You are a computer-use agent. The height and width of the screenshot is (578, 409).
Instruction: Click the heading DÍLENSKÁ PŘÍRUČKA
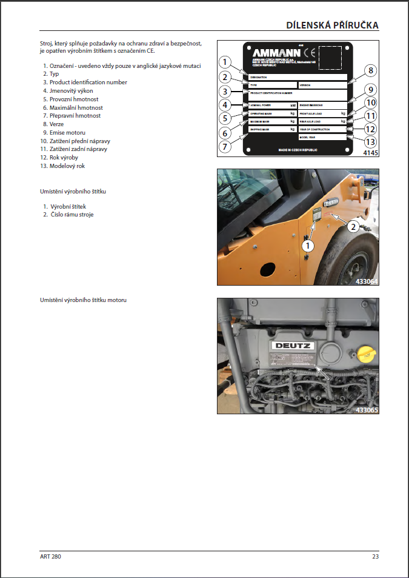[333, 25]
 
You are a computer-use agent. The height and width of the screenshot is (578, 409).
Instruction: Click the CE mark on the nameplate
[307, 51]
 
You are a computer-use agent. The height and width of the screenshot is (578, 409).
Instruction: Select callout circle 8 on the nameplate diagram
[369, 70]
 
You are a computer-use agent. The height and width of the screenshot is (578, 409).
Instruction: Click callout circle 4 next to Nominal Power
[225, 104]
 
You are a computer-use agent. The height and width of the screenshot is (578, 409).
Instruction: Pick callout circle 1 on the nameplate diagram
[225, 62]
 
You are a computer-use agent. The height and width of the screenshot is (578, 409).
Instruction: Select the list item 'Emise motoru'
[67, 132]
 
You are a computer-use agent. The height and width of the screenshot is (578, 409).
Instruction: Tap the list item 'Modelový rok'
[68, 166]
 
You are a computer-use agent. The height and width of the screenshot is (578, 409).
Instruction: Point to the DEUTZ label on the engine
[293, 346]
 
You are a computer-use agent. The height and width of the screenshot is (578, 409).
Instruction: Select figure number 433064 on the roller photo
[367, 281]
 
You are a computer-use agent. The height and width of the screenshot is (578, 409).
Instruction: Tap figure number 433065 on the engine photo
[367, 410]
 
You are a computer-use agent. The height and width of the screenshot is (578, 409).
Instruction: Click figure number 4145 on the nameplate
[371, 154]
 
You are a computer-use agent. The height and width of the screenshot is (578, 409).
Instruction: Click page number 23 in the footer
[376, 556]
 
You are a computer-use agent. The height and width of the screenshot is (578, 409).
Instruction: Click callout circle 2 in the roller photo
[352, 226]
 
